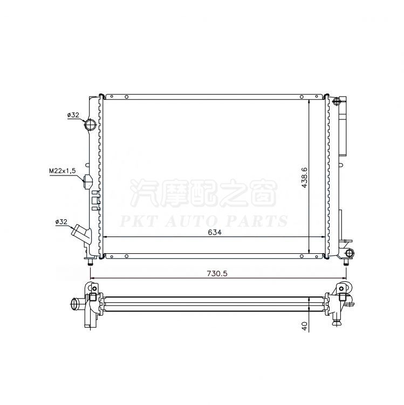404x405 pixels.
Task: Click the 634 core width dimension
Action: coord(215,232)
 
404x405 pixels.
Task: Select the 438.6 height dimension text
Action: coord(304,177)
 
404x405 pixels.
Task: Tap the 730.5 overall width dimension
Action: coord(217,273)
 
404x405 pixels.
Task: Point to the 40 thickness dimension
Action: coord(305,326)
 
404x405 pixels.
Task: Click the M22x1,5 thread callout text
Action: coord(63,171)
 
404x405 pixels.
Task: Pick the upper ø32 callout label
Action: coord(73,115)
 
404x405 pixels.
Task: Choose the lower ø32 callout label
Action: coord(61,221)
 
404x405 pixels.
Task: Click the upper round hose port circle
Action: coord(90,124)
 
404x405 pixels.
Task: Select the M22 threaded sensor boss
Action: coord(88,181)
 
